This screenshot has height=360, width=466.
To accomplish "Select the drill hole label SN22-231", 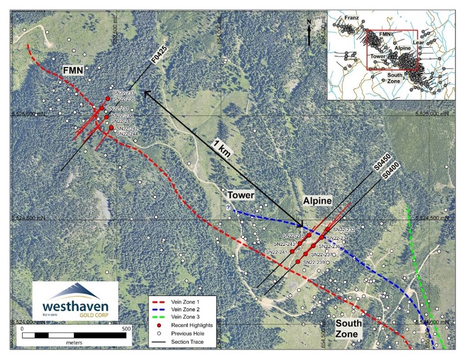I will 121,108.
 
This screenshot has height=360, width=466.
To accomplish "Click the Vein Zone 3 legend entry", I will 185,316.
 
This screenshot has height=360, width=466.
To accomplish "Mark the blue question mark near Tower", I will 228,207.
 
